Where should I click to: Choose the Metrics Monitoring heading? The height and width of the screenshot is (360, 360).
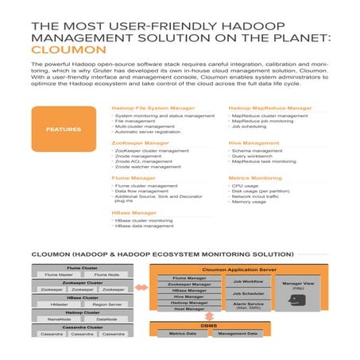255,178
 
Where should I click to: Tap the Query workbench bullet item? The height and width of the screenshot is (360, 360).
250,155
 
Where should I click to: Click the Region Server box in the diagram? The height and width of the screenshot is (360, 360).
108,303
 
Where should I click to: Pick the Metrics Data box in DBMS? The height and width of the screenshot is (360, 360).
184,334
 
